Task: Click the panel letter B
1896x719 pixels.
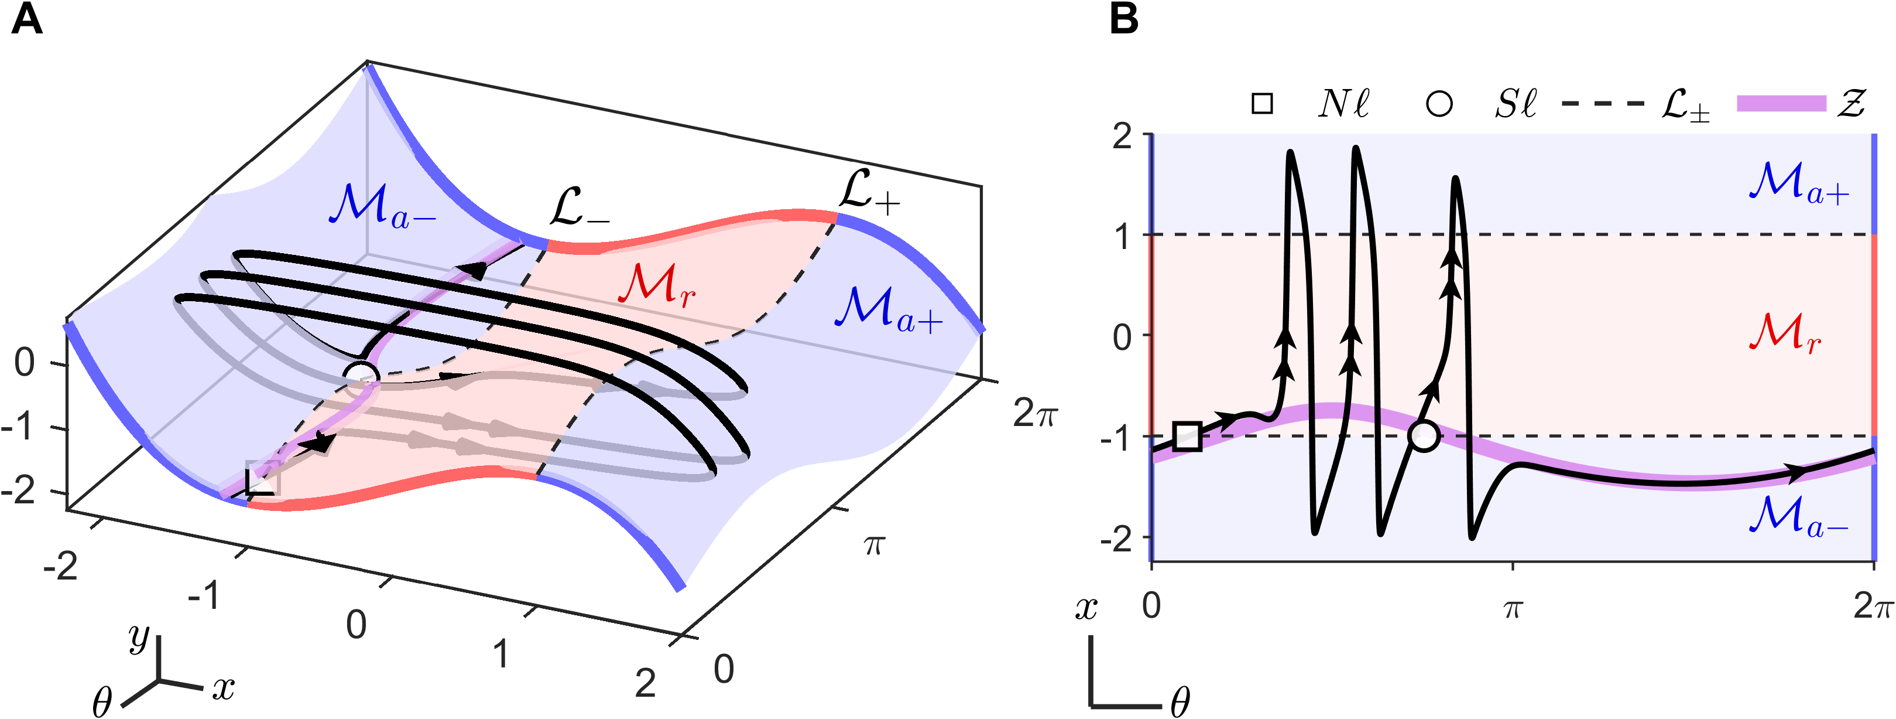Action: coord(1124,19)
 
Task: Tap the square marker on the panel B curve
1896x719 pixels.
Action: coord(1187,436)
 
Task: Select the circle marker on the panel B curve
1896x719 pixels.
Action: coord(1424,436)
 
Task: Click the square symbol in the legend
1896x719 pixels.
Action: coord(1262,103)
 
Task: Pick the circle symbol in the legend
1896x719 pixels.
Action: coord(1439,103)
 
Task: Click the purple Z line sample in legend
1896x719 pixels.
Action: coord(1781,104)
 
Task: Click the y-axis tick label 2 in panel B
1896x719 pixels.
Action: coord(1122,137)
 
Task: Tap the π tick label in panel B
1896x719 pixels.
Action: coord(1513,608)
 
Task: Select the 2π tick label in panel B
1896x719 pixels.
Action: coord(1872,607)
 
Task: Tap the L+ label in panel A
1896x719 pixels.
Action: coord(869,193)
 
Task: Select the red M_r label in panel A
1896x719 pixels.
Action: coord(657,286)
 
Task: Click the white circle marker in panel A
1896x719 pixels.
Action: coord(361,376)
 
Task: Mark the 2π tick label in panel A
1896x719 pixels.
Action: coord(1034,414)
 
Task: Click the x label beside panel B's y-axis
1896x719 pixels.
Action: coord(1086,608)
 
